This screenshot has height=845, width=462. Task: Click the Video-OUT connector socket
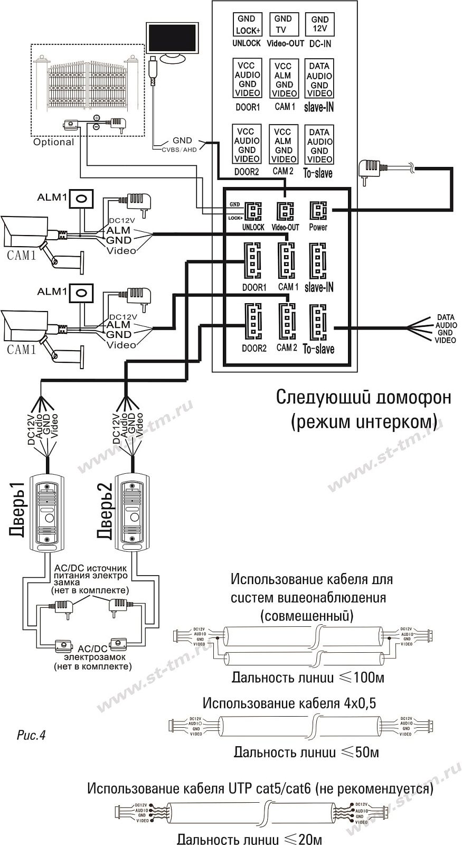[285, 212]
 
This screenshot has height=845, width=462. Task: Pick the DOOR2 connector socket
[253, 323]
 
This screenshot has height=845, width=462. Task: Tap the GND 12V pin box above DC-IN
[320, 24]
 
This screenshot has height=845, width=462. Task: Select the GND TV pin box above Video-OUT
[284, 24]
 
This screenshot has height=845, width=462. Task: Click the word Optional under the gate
[53, 142]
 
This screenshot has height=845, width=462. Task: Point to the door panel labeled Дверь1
[47, 512]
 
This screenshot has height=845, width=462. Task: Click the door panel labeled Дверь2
[134, 512]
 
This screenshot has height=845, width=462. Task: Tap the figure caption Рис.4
[32, 735]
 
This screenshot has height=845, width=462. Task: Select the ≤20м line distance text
[249, 839]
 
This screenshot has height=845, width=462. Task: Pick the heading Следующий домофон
[364, 397]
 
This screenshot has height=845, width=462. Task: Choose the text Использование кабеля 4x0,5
[289, 703]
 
